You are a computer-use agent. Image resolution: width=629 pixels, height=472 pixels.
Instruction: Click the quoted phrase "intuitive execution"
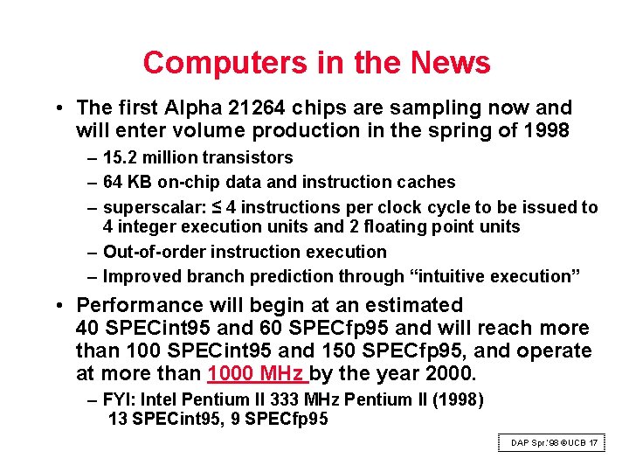(x=494, y=277)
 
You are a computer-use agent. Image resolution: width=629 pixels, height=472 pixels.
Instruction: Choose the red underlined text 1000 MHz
(x=257, y=375)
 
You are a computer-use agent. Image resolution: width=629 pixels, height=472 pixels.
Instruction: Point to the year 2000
(x=449, y=375)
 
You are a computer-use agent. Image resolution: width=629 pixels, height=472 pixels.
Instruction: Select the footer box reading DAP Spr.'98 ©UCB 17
(x=554, y=443)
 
